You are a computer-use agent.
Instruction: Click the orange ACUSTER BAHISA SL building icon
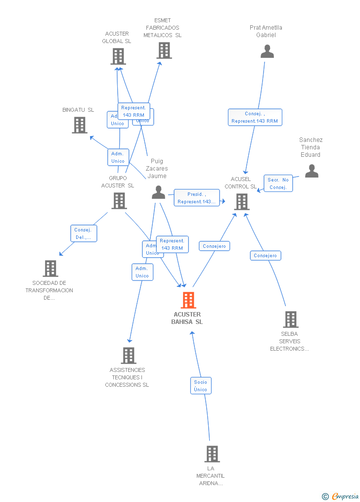(188, 300)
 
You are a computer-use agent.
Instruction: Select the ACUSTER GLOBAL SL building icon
(118, 56)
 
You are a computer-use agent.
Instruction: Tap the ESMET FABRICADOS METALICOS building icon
(164, 50)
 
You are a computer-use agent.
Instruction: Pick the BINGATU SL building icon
(79, 125)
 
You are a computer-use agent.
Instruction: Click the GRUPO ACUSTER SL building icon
(119, 201)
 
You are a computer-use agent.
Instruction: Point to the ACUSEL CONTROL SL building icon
(241, 202)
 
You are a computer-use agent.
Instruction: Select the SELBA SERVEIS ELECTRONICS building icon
(290, 319)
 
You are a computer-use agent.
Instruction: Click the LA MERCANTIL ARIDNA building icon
(212, 454)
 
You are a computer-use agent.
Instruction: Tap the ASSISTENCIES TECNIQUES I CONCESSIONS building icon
(129, 355)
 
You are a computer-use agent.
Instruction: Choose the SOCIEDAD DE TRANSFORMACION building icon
(50, 269)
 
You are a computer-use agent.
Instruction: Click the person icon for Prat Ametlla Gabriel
(267, 51)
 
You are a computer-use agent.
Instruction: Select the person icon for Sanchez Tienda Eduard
(312, 171)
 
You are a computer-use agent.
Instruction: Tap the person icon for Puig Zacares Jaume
(158, 192)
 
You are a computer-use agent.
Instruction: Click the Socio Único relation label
(201, 386)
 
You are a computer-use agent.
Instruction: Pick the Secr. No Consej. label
(278, 183)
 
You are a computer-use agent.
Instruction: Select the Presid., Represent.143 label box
(196, 198)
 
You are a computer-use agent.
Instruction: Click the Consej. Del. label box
(83, 233)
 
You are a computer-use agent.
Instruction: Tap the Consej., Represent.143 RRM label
(255, 117)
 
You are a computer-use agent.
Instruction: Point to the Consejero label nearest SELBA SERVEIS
(266, 256)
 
